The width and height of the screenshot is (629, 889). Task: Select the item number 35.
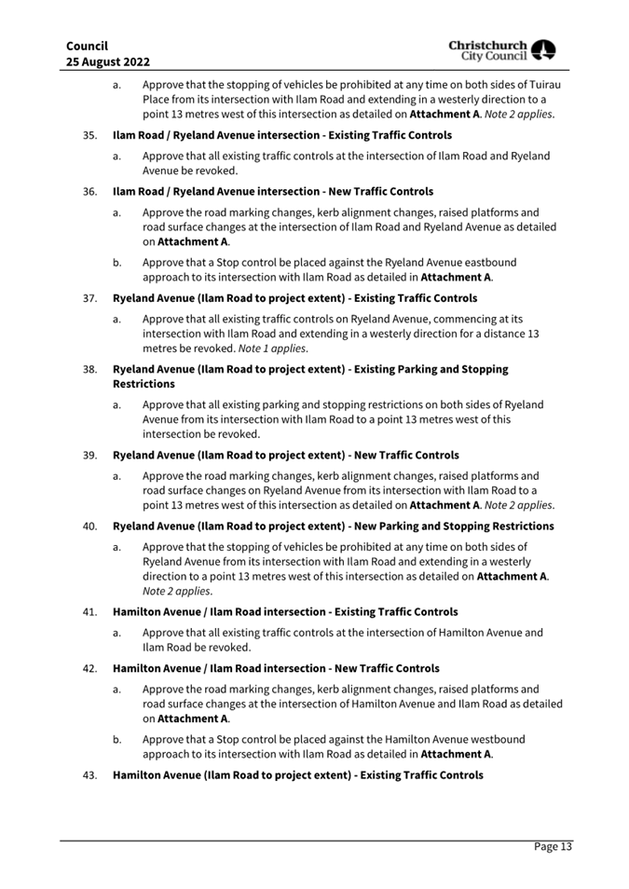coord(90,135)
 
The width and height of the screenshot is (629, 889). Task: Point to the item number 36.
coord(90,192)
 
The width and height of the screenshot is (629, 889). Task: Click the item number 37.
coord(90,298)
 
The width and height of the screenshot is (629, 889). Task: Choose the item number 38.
coord(90,369)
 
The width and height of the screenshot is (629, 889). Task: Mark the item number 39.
coord(90,455)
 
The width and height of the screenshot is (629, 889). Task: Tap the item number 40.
coord(90,526)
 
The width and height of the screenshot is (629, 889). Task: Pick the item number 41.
coord(90,611)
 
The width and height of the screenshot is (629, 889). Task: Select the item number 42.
coord(90,668)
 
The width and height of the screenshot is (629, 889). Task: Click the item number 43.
coord(90,774)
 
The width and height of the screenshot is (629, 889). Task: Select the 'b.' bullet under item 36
coord(117,263)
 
